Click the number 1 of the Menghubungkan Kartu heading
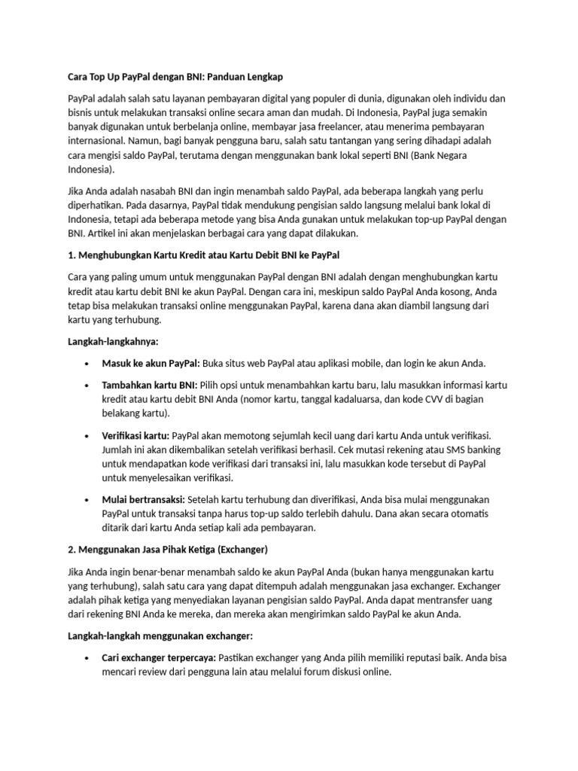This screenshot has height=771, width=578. (71, 255)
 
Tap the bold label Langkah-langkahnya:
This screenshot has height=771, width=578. (108, 342)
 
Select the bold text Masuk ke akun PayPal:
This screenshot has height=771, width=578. (151, 363)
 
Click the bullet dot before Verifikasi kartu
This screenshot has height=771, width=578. (88, 435)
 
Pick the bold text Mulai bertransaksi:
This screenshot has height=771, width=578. (143, 499)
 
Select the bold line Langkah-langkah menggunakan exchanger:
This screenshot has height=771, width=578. (160, 635)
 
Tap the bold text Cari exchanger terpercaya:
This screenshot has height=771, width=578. (158, 657)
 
